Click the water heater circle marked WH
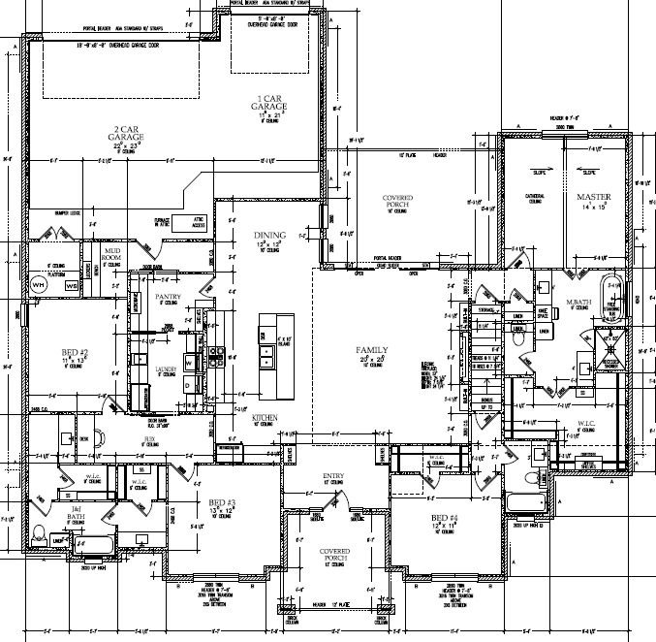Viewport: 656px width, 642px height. click(x=40, y=285)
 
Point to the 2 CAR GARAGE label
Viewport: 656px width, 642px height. click(x=128, y=134)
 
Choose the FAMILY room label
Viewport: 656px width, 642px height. click(x=371, y=350)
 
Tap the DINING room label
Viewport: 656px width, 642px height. click(x=270, y=236)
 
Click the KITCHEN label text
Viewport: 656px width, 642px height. click(x=266, y=416)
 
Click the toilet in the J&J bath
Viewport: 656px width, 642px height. click(x=39, y=531)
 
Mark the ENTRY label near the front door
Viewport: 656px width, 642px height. click(x=334, y=476)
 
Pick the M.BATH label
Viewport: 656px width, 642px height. click(x=579, y=305)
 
